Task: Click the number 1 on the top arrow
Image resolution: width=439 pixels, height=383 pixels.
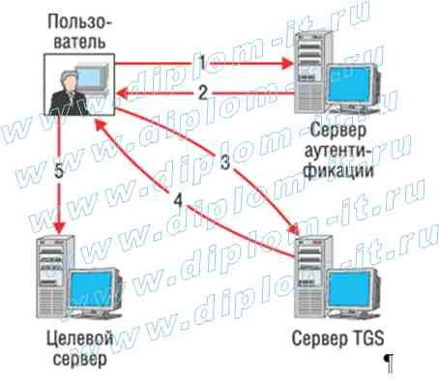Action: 201,61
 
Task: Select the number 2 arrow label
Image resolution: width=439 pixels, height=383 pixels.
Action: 202,93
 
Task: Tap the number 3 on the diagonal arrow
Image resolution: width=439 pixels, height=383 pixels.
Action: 224,163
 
